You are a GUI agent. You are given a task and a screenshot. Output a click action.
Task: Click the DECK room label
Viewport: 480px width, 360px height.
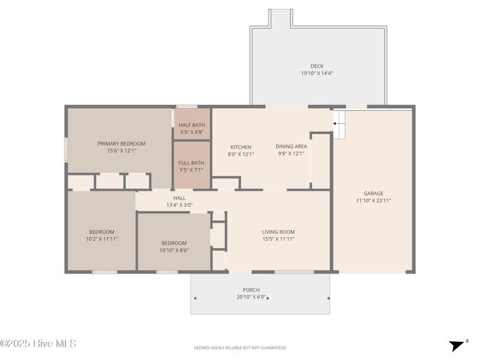[x=316, y=66]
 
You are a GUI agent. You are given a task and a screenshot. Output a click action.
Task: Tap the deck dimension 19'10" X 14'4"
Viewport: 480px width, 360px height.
[x=316, y=73]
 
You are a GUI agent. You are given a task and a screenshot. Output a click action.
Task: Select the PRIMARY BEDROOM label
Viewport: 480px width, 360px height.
[x=121, y=143]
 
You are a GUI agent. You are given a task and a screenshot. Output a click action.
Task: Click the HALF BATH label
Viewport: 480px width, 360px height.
[x=192, y=125]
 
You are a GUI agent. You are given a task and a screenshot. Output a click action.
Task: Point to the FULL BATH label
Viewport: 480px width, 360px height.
[x=192, y=163]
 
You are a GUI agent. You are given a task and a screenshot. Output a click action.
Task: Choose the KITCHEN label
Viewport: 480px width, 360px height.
[x=241, y=147]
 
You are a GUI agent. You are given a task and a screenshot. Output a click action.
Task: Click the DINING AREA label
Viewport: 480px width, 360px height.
[x=291, y=147]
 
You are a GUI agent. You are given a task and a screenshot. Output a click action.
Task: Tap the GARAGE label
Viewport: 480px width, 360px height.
[x=373, y=193]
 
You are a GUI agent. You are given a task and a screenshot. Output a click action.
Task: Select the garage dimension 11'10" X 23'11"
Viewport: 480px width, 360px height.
[x=373, y=200]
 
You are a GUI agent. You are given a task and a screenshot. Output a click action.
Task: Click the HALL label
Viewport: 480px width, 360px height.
[x=179, y=198]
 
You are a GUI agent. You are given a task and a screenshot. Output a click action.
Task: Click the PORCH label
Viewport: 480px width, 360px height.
[x=251, y=289]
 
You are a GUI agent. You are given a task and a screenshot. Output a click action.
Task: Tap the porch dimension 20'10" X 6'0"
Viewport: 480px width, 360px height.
[x=251, y=297]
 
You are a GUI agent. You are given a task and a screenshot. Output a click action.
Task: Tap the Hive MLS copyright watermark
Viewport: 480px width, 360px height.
[x=38, y=344]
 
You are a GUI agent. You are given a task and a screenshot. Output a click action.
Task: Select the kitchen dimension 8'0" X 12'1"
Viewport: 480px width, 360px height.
[x=241, y=154]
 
